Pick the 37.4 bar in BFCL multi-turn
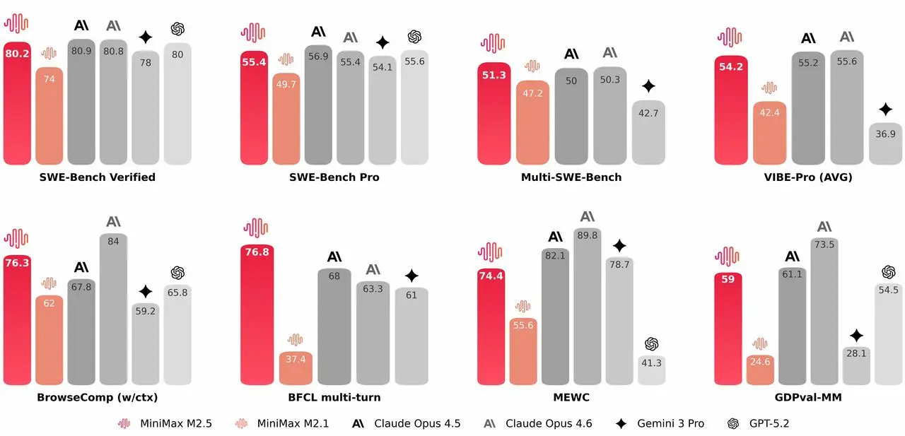click(x=296, y=367)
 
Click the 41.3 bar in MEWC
click(x=651, y=370)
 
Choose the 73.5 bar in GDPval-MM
click(x=824, y=312)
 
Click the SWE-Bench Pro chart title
click(x=334, y=177)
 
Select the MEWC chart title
click(x=571, y=397)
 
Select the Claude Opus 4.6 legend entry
click(x=538, y=424)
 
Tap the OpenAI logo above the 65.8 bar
click(x=177, y=273)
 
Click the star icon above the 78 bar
click(x=145, y=37)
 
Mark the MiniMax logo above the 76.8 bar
click(x=255, y=228)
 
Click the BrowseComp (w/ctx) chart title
click(x=98, y=397)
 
